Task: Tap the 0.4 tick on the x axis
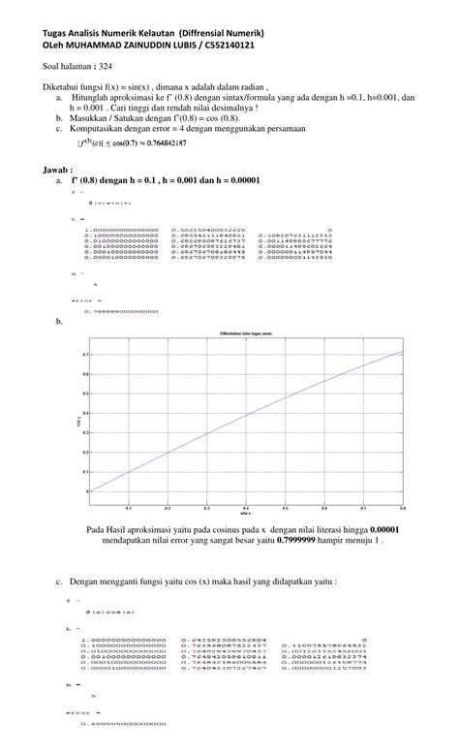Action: click(x=246, y=506)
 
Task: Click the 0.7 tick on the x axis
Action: click(x=363, y=506)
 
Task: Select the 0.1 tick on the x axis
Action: click(x=128, y=506)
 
